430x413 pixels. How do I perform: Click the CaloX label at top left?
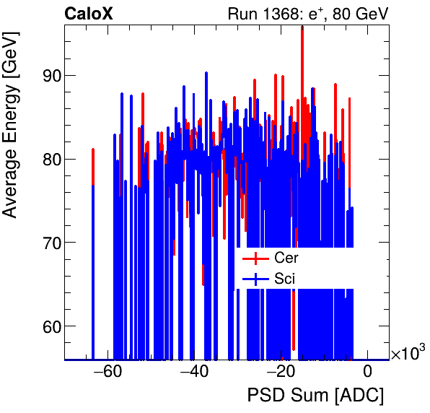[x=88, y=13]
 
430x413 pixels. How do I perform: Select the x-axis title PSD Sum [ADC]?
[x=315, y=396]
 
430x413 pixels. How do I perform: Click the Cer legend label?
[x=286, y=258]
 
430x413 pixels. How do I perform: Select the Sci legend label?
[x=285, y=278]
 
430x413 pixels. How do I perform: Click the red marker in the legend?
[x=255, y=258]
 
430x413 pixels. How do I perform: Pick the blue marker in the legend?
[x=255, y=278]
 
